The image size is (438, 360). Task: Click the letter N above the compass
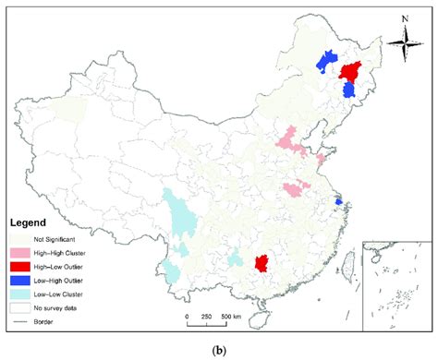click(403, 18)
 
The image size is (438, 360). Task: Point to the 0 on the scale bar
click(187, 316)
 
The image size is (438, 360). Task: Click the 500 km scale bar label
click(231, 316)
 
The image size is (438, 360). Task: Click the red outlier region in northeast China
click(349, 71)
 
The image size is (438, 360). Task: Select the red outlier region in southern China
click(262, 264)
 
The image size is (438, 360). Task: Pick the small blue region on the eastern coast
click(338, 200)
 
